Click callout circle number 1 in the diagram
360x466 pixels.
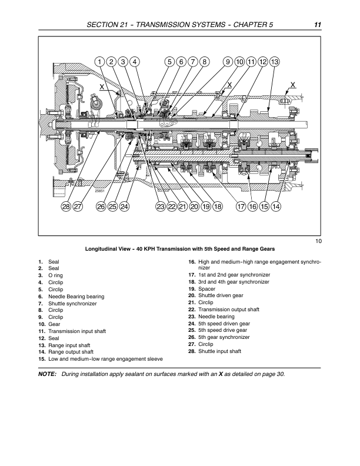coord(100,62)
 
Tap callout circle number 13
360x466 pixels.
coord(275,62)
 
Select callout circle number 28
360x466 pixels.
coord(66,207)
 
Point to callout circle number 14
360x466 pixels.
coord(276,207)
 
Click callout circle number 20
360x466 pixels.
coord(194,207)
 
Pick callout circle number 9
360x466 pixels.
coord(228,62)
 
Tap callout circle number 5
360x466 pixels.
coord(169,62)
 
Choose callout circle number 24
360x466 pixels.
coord(125,207)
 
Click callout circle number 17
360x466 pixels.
coord(241,207)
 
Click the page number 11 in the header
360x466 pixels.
coord(318,25)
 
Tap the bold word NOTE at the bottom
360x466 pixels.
coord(47,374)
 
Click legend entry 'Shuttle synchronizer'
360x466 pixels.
coord(72,304)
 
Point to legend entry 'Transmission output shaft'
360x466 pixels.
coord(229,309)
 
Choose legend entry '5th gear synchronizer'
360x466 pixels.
coord(224,337)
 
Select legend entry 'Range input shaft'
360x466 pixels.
coord(69,345)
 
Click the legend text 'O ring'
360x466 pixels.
coord(55,275)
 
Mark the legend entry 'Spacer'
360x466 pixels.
coord(206,288)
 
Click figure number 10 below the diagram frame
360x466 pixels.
coord(318,241)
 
